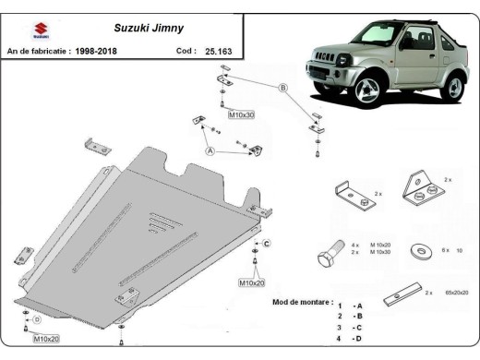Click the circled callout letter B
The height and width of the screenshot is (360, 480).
tap(283, 88)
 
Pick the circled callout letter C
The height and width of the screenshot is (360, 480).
tap(266, 244)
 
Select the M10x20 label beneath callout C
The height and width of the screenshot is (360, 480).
tap(251, 283)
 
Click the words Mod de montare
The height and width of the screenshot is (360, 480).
tap(303, 302)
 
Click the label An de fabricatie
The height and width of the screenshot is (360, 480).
tap(38, 52)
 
